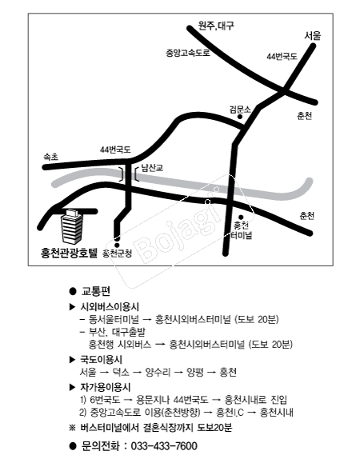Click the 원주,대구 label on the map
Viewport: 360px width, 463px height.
point(217,26)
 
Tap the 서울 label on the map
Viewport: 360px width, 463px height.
point(313,36)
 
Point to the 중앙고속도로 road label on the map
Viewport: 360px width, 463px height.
point(188,53)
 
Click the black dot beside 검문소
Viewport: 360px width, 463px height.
point(240,117)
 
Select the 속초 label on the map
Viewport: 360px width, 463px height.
point(51,157)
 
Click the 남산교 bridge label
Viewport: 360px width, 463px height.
point(152,168)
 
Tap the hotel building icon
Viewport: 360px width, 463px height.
point(71,226)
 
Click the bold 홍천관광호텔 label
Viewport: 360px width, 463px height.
point(69,253)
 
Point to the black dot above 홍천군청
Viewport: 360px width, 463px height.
point(117,245)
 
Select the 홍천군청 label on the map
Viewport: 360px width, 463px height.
point(118,253)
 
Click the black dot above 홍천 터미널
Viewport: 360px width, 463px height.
point(241,218)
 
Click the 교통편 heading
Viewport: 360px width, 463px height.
point(96,291)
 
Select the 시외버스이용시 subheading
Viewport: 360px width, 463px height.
point(110,307)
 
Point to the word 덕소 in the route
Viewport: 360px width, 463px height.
point(121,372)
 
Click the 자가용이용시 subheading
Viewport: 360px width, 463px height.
point(106,387)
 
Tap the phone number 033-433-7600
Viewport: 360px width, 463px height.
point(164,445)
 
